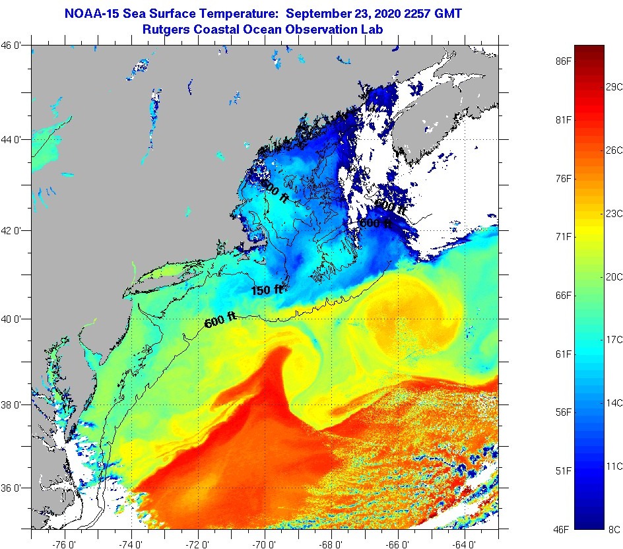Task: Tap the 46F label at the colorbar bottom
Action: click(562, 529)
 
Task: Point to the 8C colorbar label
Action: click(614, 529)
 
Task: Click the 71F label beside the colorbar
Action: click(562, 236)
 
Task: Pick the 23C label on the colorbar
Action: click(614, 213)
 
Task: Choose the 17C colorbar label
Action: click(614, 339)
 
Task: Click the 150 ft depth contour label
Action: click(266, 290)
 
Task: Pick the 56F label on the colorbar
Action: click(562, 412)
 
